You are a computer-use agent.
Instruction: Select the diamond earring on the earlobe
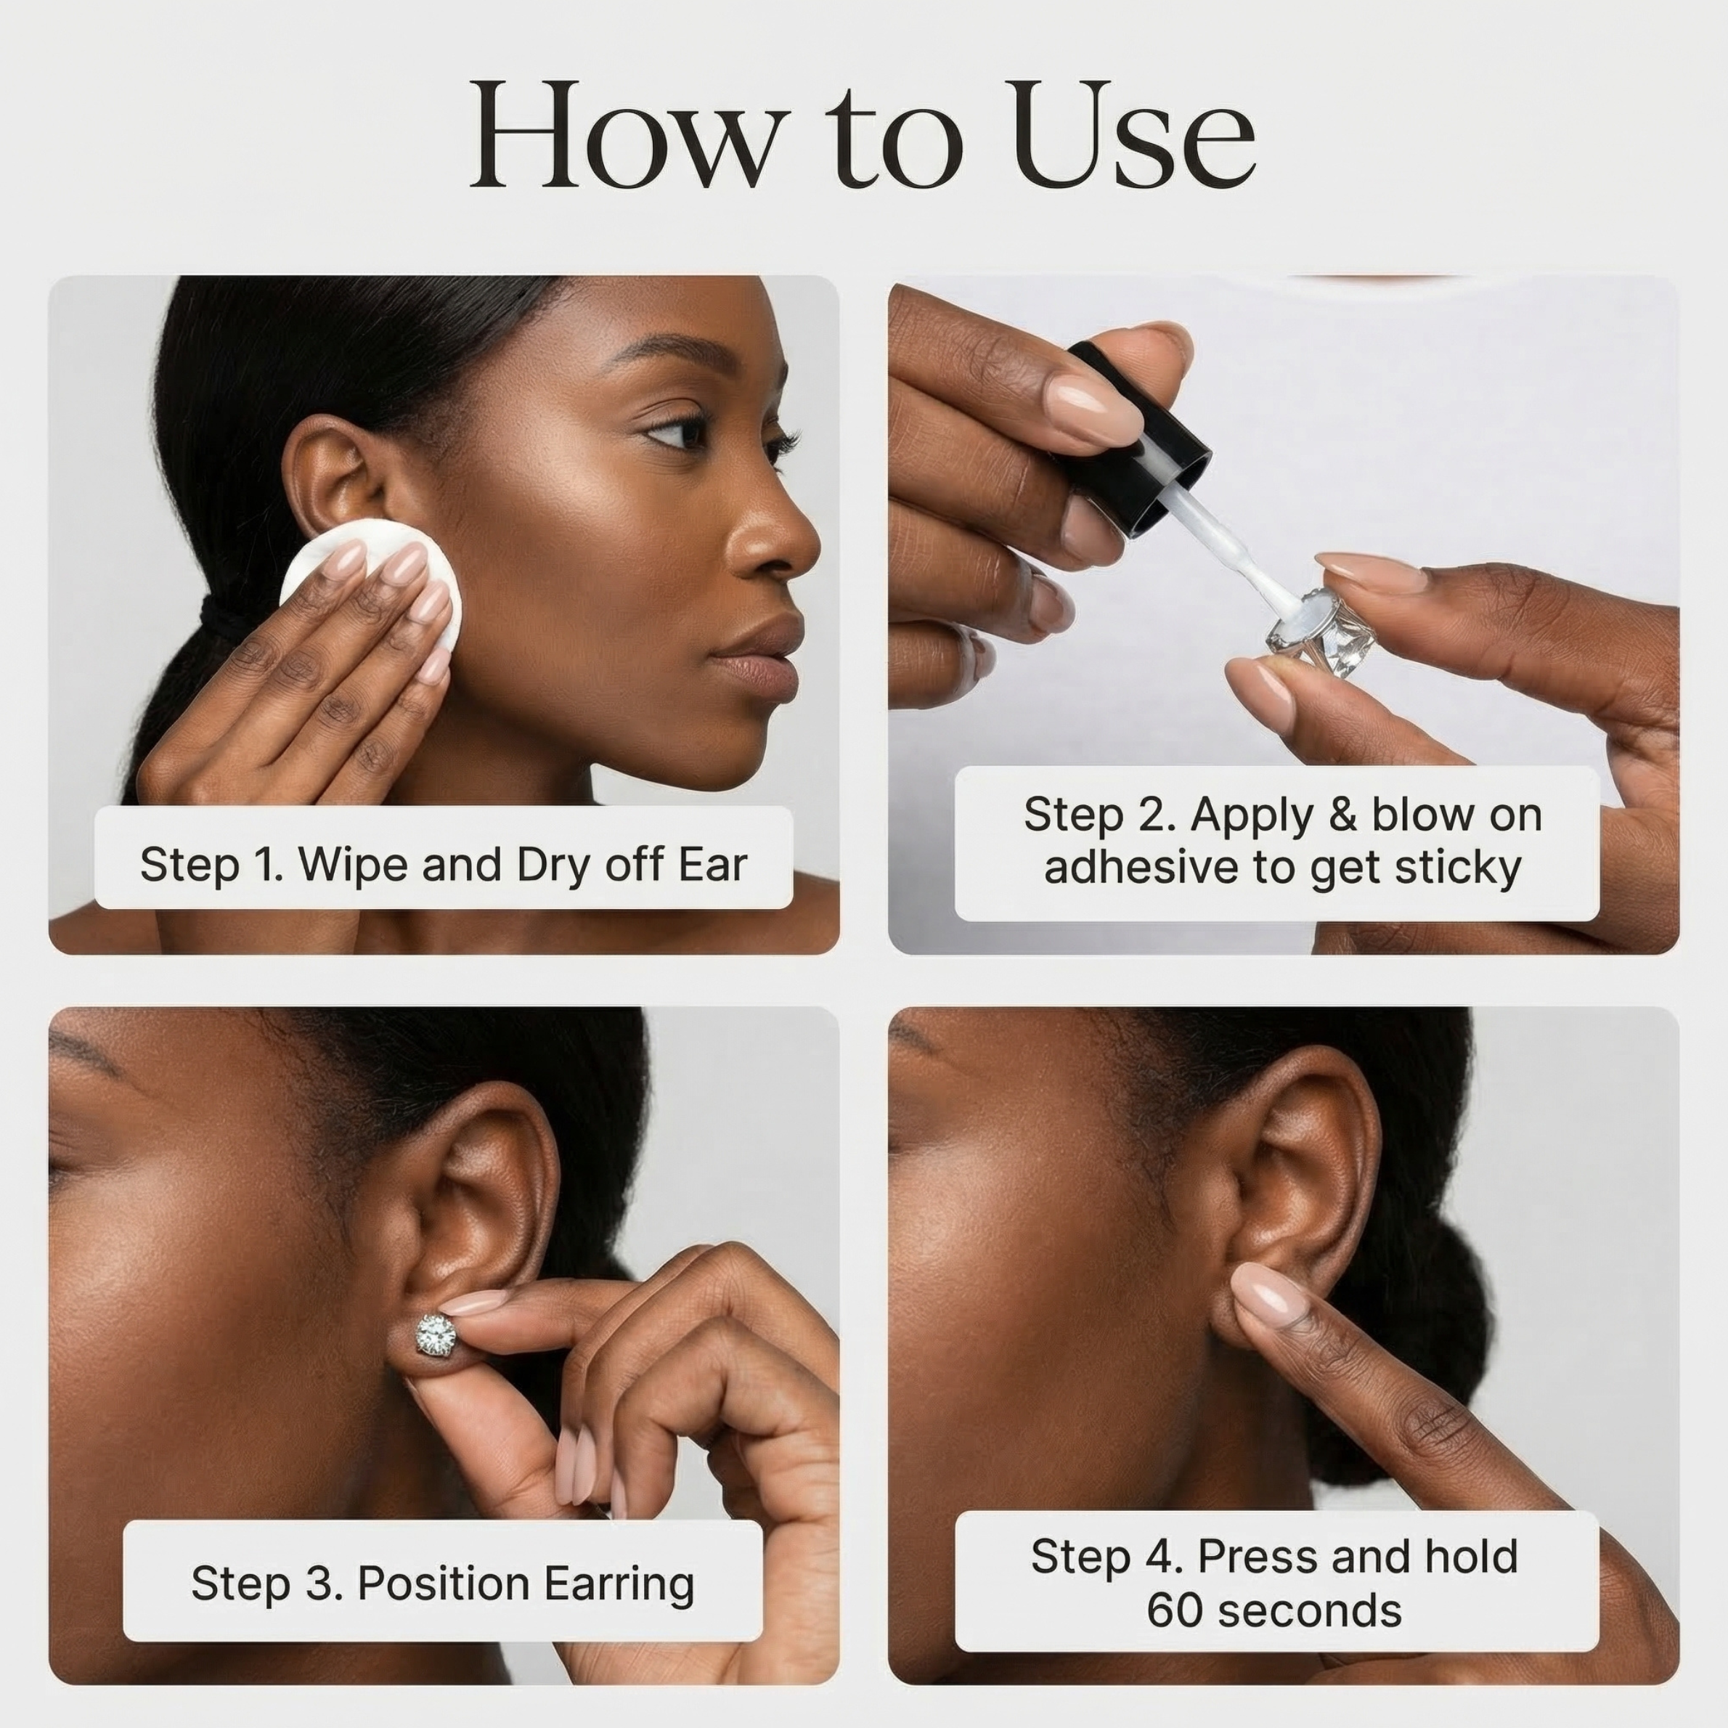point(436,1335)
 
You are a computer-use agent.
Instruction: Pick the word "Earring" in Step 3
point(619,1584)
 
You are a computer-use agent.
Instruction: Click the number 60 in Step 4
point(1174,1611)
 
